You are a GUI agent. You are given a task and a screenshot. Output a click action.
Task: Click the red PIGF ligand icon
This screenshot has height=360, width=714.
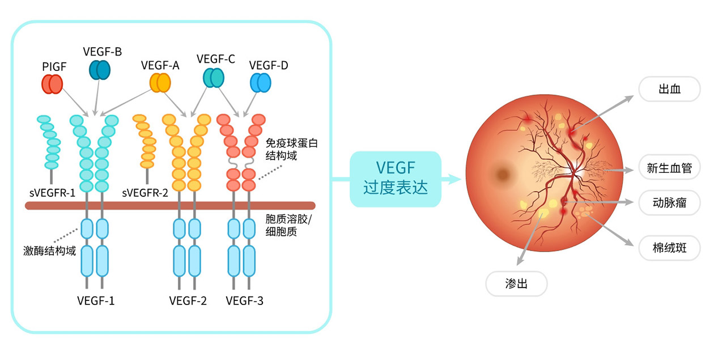click(x=52, y=84)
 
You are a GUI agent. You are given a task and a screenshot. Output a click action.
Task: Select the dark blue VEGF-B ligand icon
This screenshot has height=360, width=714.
click(x=100, y=70)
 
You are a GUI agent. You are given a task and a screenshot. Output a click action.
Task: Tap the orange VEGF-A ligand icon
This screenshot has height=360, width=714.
click(x=160, y=83)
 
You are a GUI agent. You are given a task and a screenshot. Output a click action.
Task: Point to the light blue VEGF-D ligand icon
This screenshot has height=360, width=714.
click(x=261, y=83)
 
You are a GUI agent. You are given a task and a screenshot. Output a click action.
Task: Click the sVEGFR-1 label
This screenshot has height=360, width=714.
click(x=53, y=193)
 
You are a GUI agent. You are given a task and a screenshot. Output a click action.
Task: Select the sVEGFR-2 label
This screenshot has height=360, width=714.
click(x=145, y=193)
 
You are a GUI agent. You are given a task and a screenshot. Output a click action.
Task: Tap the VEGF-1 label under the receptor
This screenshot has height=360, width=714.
click(x=96, y=300)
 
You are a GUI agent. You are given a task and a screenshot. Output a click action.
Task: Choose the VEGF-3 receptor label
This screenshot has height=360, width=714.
click(x=244, y=300)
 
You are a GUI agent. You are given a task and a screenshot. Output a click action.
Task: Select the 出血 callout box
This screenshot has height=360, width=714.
click(x=669, y=90)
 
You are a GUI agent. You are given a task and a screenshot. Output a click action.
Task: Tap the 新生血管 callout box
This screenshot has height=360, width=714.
click(x=669, y=168)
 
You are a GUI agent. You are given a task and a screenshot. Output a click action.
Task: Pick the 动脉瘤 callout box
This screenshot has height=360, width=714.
click(x=669, y=203)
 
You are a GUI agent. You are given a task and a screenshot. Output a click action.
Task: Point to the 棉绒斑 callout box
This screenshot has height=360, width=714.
click(x=669, y=248)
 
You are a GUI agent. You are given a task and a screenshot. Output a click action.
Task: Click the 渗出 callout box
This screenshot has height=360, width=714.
click(x=516, y=283)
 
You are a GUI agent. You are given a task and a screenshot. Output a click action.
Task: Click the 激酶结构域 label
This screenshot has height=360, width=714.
click(x=51, y=249)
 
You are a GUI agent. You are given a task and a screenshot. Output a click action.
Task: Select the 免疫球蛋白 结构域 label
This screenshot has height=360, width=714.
click(x=292, y=149)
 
